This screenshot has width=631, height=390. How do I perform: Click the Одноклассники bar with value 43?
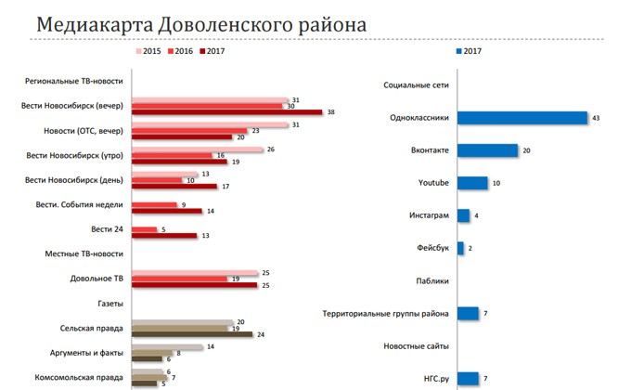pos(522,118)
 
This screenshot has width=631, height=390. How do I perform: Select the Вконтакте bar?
pos(487,150)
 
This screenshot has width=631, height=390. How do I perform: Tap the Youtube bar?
pos(472,183)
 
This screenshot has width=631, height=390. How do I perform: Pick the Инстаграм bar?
pos(463,215)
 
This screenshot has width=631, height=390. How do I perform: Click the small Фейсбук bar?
pos(460,248)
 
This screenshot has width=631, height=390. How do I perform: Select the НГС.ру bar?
pos(468,377)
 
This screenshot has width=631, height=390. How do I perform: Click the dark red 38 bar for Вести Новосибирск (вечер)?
pos(227,112)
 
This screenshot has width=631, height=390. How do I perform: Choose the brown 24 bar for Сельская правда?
pos(192,334)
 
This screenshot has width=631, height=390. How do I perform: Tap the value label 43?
pos(597,118)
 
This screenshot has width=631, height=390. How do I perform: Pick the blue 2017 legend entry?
pos(471,51)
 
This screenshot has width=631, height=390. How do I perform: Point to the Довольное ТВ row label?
pos(97,279)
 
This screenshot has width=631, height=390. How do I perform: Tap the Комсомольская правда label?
pos(84,377)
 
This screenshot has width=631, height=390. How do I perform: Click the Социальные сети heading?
pos(416,85)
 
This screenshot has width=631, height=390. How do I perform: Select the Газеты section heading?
pos(109,303)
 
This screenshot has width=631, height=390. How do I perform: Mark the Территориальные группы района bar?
pos(468,313)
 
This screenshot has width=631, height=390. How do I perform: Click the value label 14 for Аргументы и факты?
pos(212,346)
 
